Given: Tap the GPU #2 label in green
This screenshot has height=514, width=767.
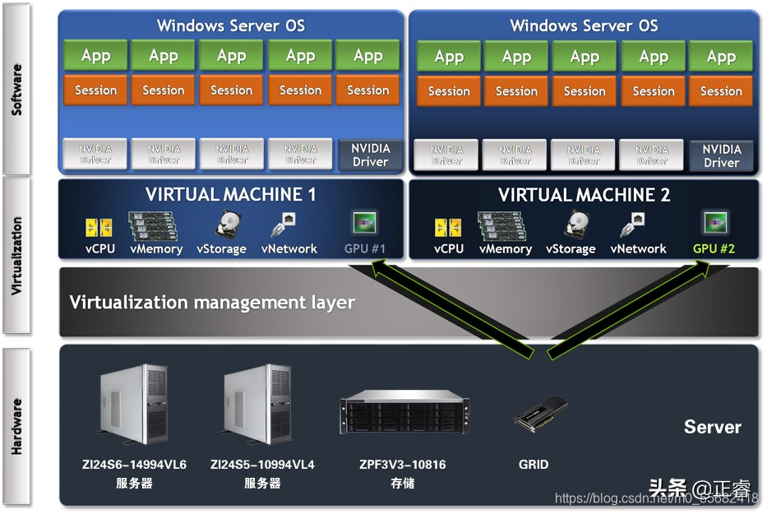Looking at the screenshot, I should coord(714,248).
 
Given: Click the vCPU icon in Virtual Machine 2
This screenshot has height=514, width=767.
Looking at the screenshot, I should coord(448,227).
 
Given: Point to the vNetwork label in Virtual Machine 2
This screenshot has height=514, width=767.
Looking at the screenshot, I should coord(638,248).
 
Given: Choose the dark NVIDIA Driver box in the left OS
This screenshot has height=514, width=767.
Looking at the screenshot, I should coord(370,155).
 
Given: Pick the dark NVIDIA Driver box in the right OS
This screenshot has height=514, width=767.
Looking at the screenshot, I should coord(721,155).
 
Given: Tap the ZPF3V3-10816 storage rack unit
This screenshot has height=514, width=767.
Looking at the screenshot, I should coord(402,416).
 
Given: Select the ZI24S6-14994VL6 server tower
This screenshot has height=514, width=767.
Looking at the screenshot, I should coord(134,405).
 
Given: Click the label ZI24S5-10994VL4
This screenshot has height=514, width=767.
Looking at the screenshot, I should coord(262,465).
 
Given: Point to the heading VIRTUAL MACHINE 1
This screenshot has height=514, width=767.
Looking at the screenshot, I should coord(230,195).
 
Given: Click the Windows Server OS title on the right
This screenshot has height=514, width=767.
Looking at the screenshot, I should coord(584,25).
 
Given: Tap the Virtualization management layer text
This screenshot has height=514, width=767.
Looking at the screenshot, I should coord(212,302).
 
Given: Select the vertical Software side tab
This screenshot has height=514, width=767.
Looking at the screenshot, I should coord(16,88).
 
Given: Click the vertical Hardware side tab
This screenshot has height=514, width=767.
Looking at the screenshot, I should coord(16,426).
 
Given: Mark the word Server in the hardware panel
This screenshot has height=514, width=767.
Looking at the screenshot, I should coord(712,427).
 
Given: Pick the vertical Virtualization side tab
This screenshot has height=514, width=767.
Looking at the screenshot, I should coord(16,255).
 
